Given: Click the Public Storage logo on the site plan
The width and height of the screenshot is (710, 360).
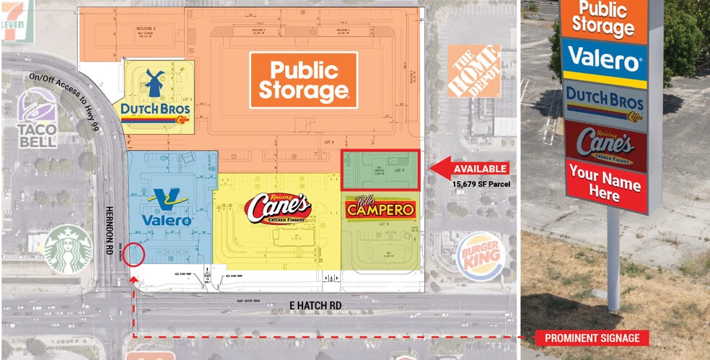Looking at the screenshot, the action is (304, 80).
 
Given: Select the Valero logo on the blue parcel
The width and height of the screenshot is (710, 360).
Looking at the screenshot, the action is (167, 208).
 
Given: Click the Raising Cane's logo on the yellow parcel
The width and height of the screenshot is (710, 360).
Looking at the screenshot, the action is (277, 208).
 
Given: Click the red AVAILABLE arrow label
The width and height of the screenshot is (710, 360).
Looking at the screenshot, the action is (470, 169).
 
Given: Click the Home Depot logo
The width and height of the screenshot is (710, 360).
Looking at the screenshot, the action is (473, 71).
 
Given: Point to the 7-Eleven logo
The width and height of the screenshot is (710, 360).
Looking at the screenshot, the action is (11, 19).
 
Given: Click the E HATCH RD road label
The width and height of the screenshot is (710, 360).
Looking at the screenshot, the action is (315, 306).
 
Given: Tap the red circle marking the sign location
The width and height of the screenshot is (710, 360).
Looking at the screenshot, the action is (134, 255).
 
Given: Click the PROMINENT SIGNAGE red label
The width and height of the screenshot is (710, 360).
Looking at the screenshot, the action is (590, 338).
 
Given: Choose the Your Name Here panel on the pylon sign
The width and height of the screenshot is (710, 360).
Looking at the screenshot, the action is (604, 185).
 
